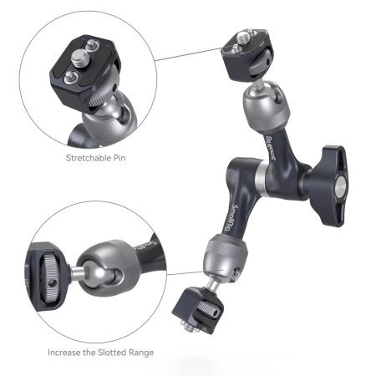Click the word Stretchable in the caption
[85, 157]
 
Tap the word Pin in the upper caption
[125, 157]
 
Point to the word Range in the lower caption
[140, 352]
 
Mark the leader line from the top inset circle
[189, 54]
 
